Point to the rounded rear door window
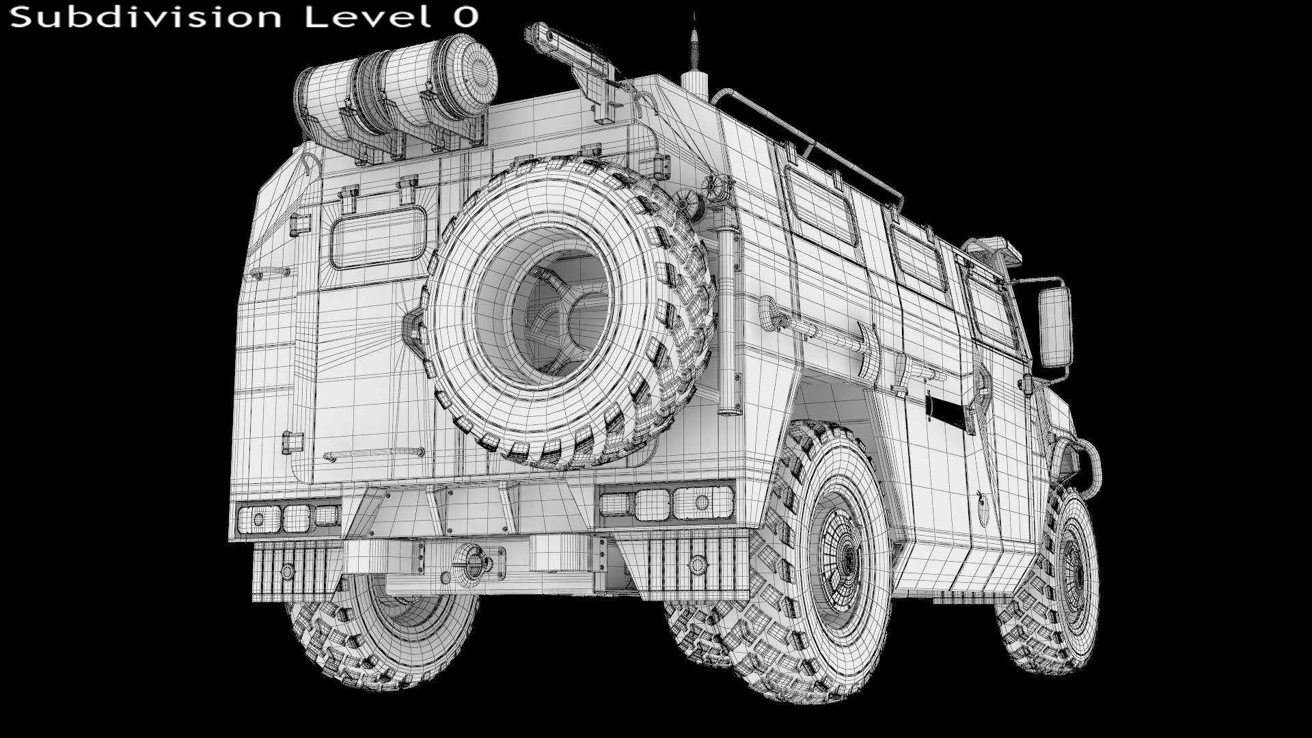[x=377, y=238]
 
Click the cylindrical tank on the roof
[x=396, y=89]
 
